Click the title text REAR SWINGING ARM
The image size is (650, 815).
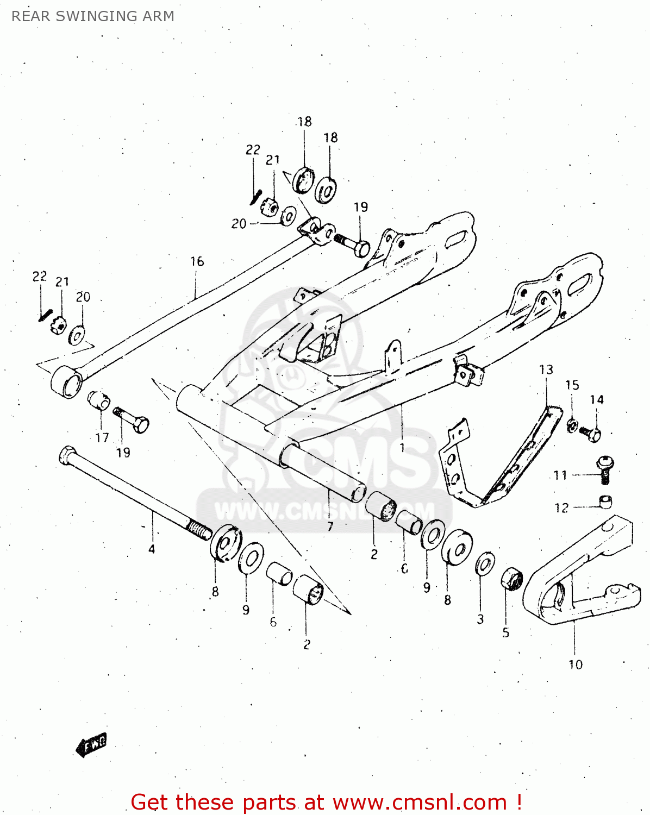(x=93, y=16)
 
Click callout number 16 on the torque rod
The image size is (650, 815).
(x=197, y=261)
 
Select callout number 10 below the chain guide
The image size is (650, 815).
(x=575, y=664)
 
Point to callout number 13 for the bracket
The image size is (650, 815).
(x=546, y=369)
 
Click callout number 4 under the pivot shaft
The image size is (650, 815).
(x=152, y=549)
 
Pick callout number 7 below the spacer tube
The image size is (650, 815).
(x=330, y=526)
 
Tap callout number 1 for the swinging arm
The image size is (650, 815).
(x=402, y=448)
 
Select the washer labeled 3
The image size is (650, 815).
(x=485, y=564)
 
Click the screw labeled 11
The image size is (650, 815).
(x=604, y=469)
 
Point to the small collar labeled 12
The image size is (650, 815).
(x=605, y=501)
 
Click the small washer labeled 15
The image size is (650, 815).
(x=572, y=425)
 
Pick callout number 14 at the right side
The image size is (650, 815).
(x=597, y=400)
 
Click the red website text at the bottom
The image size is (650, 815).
(x=326, y=802)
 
